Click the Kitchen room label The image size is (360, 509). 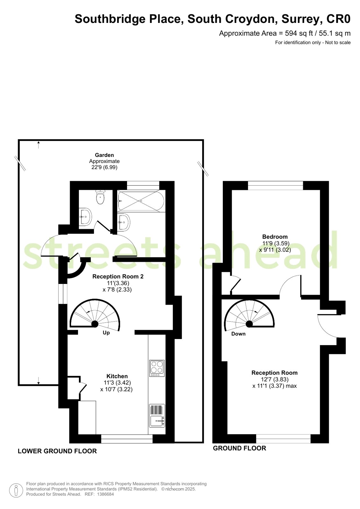click(x=117, y=376)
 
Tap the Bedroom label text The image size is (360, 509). click(x=275, y=237)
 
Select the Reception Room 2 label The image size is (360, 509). click(x=118, y=277)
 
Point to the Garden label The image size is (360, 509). click(x=104, y=155)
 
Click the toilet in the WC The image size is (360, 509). click(x=100, y=197)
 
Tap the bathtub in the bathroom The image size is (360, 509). click(x=140, y=201)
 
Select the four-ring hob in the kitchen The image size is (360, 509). click(x=157, y=368)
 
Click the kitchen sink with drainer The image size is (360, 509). click(x=157, y=415)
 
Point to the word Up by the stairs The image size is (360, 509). click(x=106, y=333)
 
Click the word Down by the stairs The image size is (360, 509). click(x=238, y=334)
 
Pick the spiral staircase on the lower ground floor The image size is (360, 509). click(x=95, y=315)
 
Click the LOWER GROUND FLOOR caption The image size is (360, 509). click(x=57, y=451)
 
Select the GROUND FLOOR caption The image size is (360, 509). click(x=240, y=448)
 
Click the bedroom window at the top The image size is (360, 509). click(x=275, y=185)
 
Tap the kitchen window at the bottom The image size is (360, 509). click(x=127, y=439)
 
